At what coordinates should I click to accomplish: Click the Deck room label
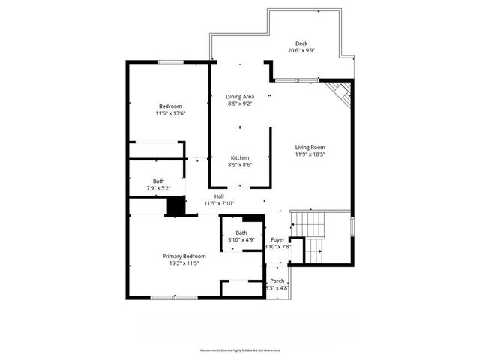[301, 43]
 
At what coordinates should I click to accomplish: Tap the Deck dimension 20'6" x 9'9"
[301, 51]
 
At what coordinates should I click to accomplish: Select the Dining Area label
[241, 96]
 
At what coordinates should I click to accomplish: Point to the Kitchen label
[240, 157]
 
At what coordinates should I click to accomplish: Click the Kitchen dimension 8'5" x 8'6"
[240, 165]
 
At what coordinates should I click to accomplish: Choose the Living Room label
[310, 147]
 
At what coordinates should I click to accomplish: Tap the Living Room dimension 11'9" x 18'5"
[310, 155]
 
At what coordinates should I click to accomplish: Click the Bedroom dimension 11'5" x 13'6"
[170, 113]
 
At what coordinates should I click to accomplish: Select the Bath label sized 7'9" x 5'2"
[159, 181]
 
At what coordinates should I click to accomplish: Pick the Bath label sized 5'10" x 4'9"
[241, 232]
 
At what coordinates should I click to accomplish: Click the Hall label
[219, 196]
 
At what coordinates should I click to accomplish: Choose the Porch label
[277, 280]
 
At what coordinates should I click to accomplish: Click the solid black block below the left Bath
[175, 206]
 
